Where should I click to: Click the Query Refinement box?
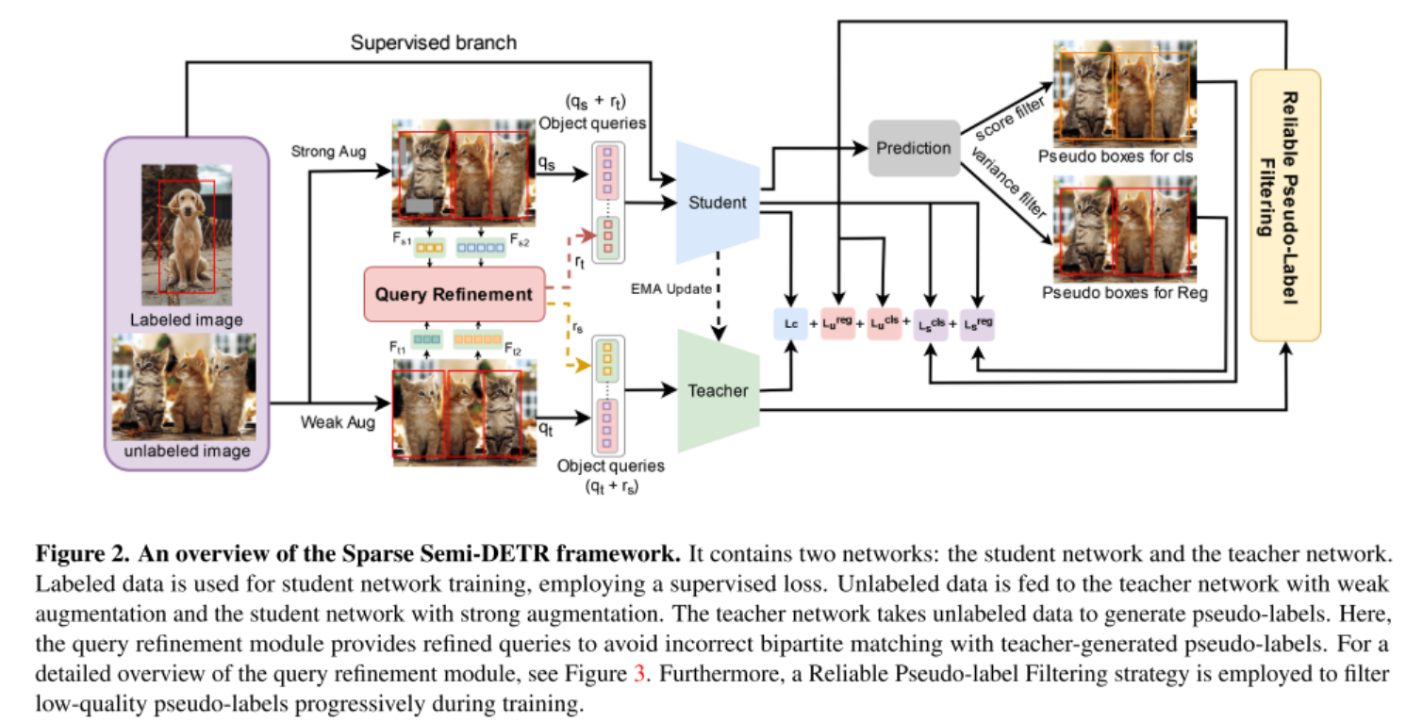click(x=454, y=294)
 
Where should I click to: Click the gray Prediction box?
click(x=913, y=148)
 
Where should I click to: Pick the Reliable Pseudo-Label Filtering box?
click(x=1284, y=205)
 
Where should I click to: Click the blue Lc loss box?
click(x=789, y=323)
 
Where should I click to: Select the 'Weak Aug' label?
click(x=337, y=421)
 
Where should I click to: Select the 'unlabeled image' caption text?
click(x=186, y=451)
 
